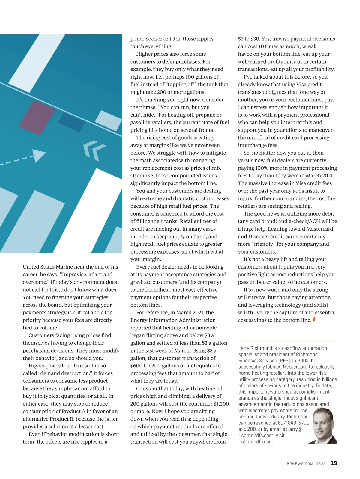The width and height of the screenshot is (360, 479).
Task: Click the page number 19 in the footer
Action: pyautogui.click(x=334, y=463)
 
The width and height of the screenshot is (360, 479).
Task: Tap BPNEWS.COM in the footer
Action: pyautogui.click(x=300, y=464)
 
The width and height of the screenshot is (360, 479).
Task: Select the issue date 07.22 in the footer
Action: pyautogui.click(x=320, y=464)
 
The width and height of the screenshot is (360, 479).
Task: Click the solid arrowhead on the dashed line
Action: pyautogui.click(x=38, y=155)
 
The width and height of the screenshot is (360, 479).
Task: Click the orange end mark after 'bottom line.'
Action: pyautogui.click(x=314, y=320)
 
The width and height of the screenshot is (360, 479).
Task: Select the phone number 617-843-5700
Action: pyautogui.click(x=294, y=423)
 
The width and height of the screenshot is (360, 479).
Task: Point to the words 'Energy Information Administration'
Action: pyautogui.click(x=173, y=320)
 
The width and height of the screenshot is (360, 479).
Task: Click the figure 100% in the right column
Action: pyautogui.click(x=262, y=168)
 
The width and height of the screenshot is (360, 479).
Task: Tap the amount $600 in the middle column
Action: pyautogui.click(x=136, y=366)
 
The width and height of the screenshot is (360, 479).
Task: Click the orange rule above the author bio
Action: pyautogui.click(x=287, y=341)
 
